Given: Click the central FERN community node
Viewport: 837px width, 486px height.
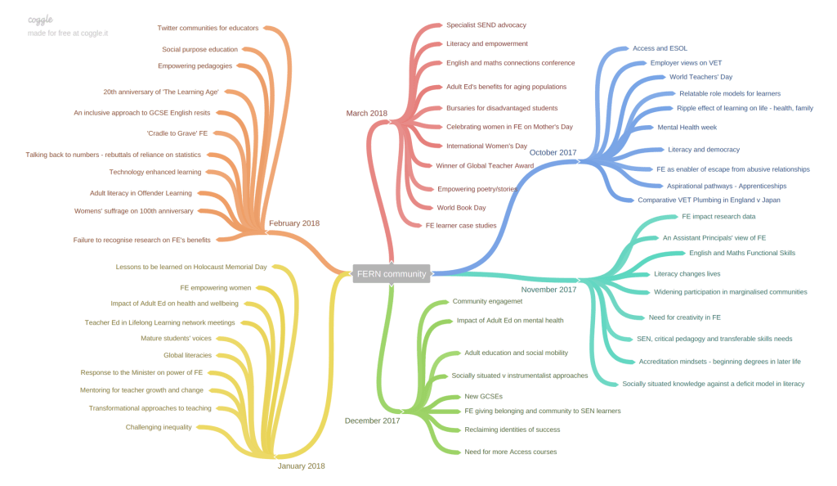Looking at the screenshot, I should coord(392,274).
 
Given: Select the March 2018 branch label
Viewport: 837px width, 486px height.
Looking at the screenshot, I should coord(366,114).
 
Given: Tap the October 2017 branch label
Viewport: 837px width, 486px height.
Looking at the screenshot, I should coord(553,152).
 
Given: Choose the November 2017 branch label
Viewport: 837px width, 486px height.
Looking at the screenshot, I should coord(548,289).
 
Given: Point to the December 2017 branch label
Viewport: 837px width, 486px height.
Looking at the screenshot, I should coord(372,421).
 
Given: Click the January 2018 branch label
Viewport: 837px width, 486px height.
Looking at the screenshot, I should coord(301,466).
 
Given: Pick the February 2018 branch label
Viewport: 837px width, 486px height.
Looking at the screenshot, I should coord(293,223).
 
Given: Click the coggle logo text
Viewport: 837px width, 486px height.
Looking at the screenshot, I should coord(40,19).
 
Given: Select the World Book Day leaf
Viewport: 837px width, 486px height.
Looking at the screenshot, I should coord(461,208).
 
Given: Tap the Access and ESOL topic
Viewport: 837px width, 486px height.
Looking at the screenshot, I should coord(660,48).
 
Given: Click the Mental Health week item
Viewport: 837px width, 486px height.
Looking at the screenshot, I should coord(687,128).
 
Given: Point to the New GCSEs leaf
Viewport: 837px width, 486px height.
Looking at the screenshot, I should coord(483,397).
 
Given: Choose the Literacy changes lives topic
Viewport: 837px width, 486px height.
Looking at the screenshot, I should coord(687,274).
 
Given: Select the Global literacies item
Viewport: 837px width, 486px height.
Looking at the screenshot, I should coord(187,355).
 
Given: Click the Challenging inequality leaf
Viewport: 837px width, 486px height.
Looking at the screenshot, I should coord(159,427).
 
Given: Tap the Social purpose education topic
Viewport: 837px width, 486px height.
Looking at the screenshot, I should coord(199,49).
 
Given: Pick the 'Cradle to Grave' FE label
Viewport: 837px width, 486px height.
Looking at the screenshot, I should coord(177,133).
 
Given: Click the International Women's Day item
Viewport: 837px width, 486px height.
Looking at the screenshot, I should coord(486,146).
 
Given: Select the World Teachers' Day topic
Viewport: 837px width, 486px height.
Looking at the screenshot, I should coord(700,77).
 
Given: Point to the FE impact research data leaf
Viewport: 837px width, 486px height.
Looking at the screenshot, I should coord(718,217).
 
